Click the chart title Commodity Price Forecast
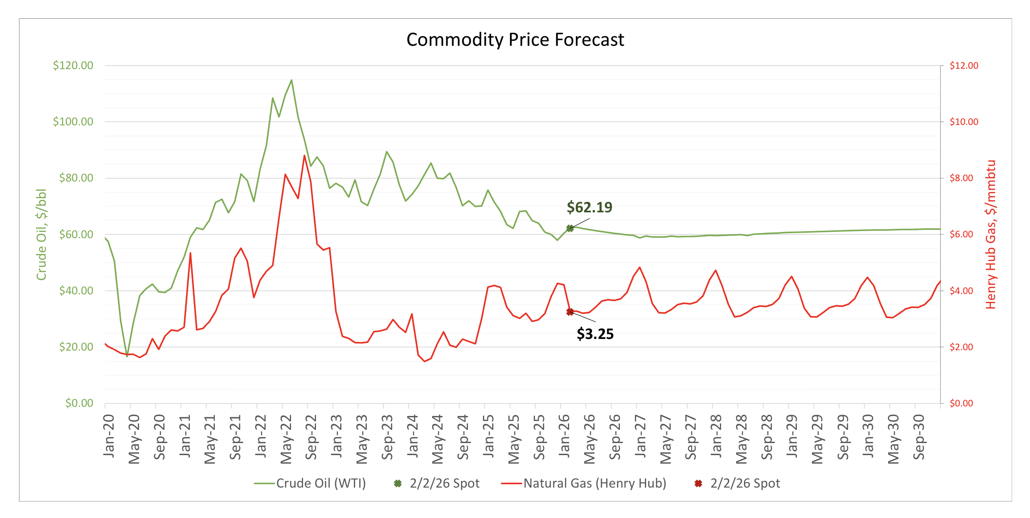pos(515,40)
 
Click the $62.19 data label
pos(589,207)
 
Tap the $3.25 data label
pos(595,334)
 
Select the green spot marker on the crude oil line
pos(570,228)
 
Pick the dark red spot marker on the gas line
pos(570,312)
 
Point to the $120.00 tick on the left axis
pos(73,65)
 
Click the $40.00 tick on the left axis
pos(76,291)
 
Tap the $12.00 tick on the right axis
pos(963,65)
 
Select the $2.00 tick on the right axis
pos(961,347)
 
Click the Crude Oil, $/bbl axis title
pos(41,234)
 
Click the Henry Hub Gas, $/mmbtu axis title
pos(991,234)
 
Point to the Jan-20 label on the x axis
pos(109,436)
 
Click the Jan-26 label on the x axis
pos(564,436)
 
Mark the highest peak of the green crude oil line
pos(291,80)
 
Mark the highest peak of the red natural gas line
pos(304,156)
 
